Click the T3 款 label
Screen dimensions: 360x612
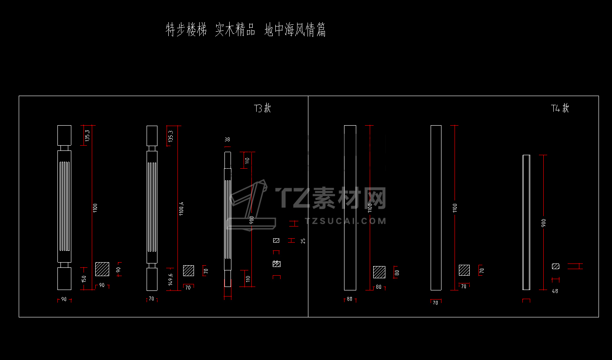[x=262, y=108]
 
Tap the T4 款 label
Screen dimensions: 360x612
[x=560, y=108]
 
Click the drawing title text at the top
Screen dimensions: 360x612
[x=246, y=30]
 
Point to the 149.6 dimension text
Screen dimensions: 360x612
[x=171, y=279]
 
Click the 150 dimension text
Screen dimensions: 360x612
[x=84, y=279]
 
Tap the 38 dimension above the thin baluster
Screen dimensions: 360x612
[x=227, y=140]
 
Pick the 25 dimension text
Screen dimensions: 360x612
[x=303, y=240]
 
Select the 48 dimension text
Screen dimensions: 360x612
[x=555, y=291]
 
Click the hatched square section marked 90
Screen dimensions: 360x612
[x=102, y=269]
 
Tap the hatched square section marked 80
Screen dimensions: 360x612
[x=379, y=272]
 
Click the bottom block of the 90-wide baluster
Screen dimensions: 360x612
[x=64, y=278]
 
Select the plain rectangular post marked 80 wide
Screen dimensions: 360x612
[x=350, y=208]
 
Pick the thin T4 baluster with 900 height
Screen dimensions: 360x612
[x=526, y=222]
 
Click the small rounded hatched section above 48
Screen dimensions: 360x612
[x=555, y=266]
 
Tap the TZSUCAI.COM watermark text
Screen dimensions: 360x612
[x=346, y=221]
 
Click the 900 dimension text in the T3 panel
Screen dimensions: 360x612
[x=251, y=220]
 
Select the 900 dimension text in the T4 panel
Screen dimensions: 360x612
[x=544, y=222]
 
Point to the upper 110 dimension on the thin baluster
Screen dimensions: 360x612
[x=247, y=160]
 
